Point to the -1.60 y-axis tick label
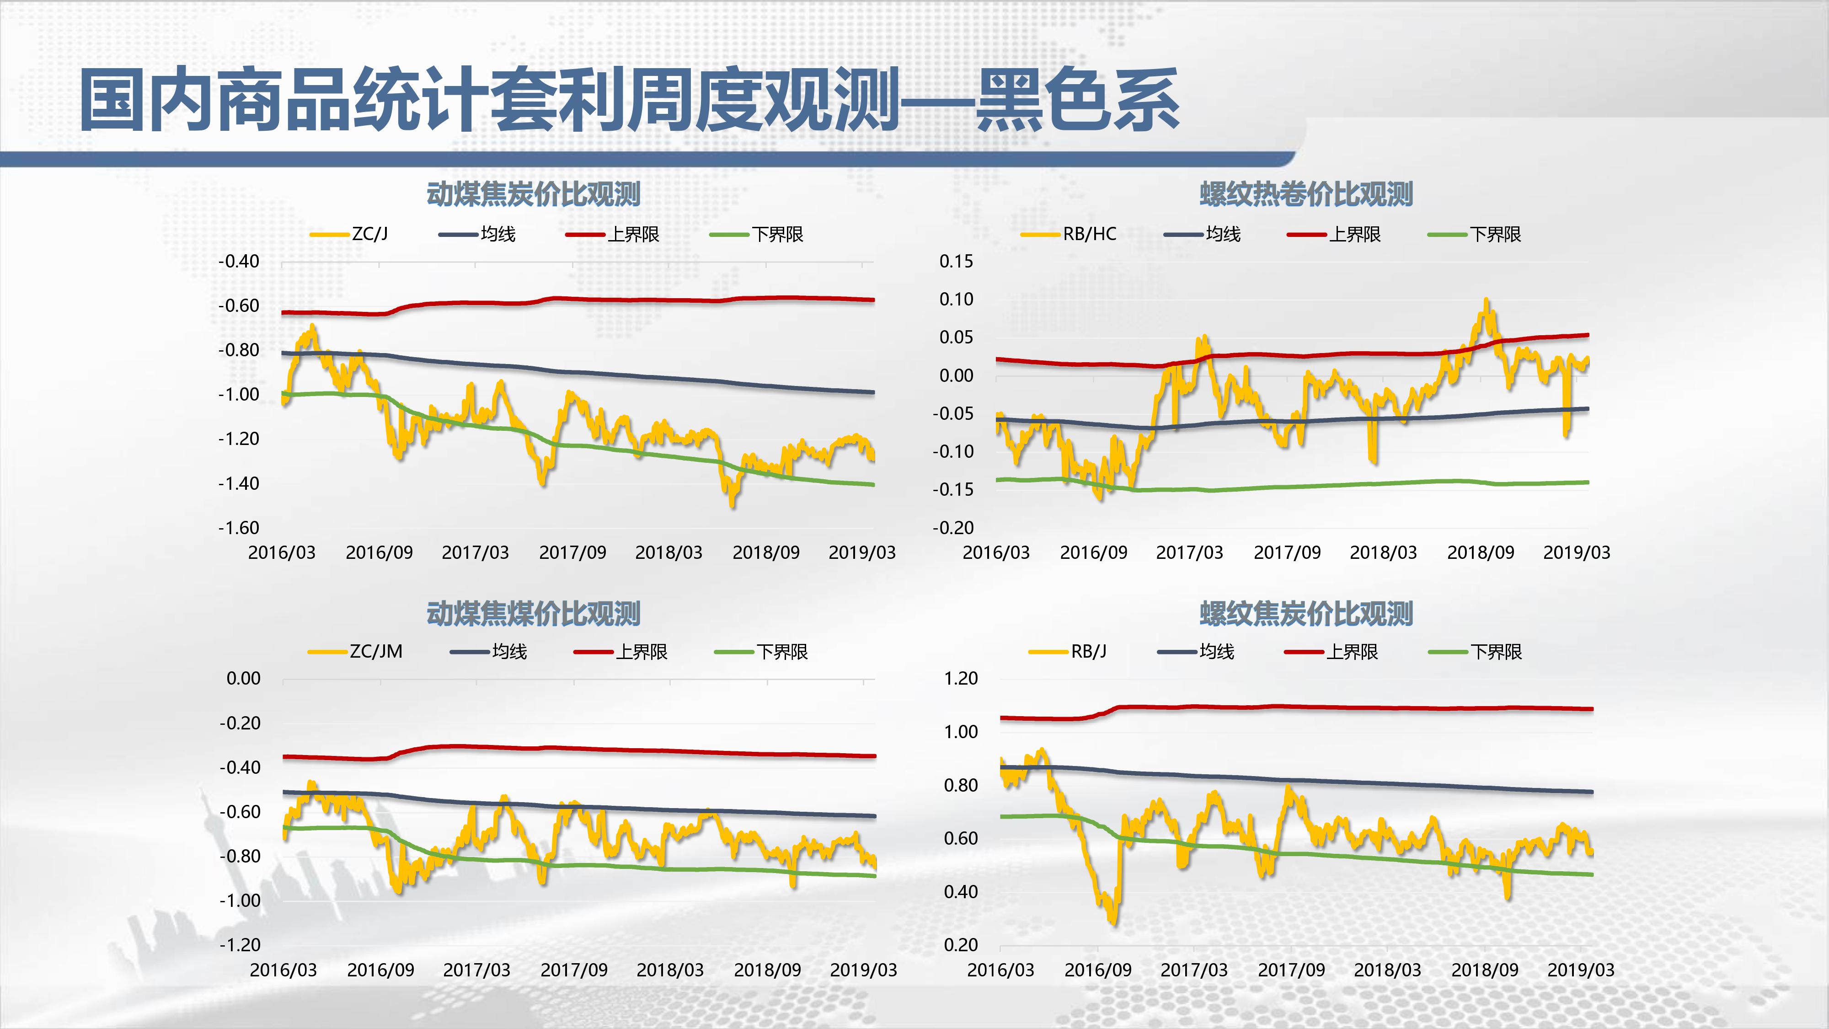click(x=239, y=528)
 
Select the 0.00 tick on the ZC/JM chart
click(x=244, y=678)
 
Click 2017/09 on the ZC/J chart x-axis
click(x=572, y=552)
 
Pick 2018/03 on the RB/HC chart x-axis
click(x=1383, y=552)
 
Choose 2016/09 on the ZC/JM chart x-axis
click(x=380, y=970)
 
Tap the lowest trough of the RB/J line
click(x=1112, y=923)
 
